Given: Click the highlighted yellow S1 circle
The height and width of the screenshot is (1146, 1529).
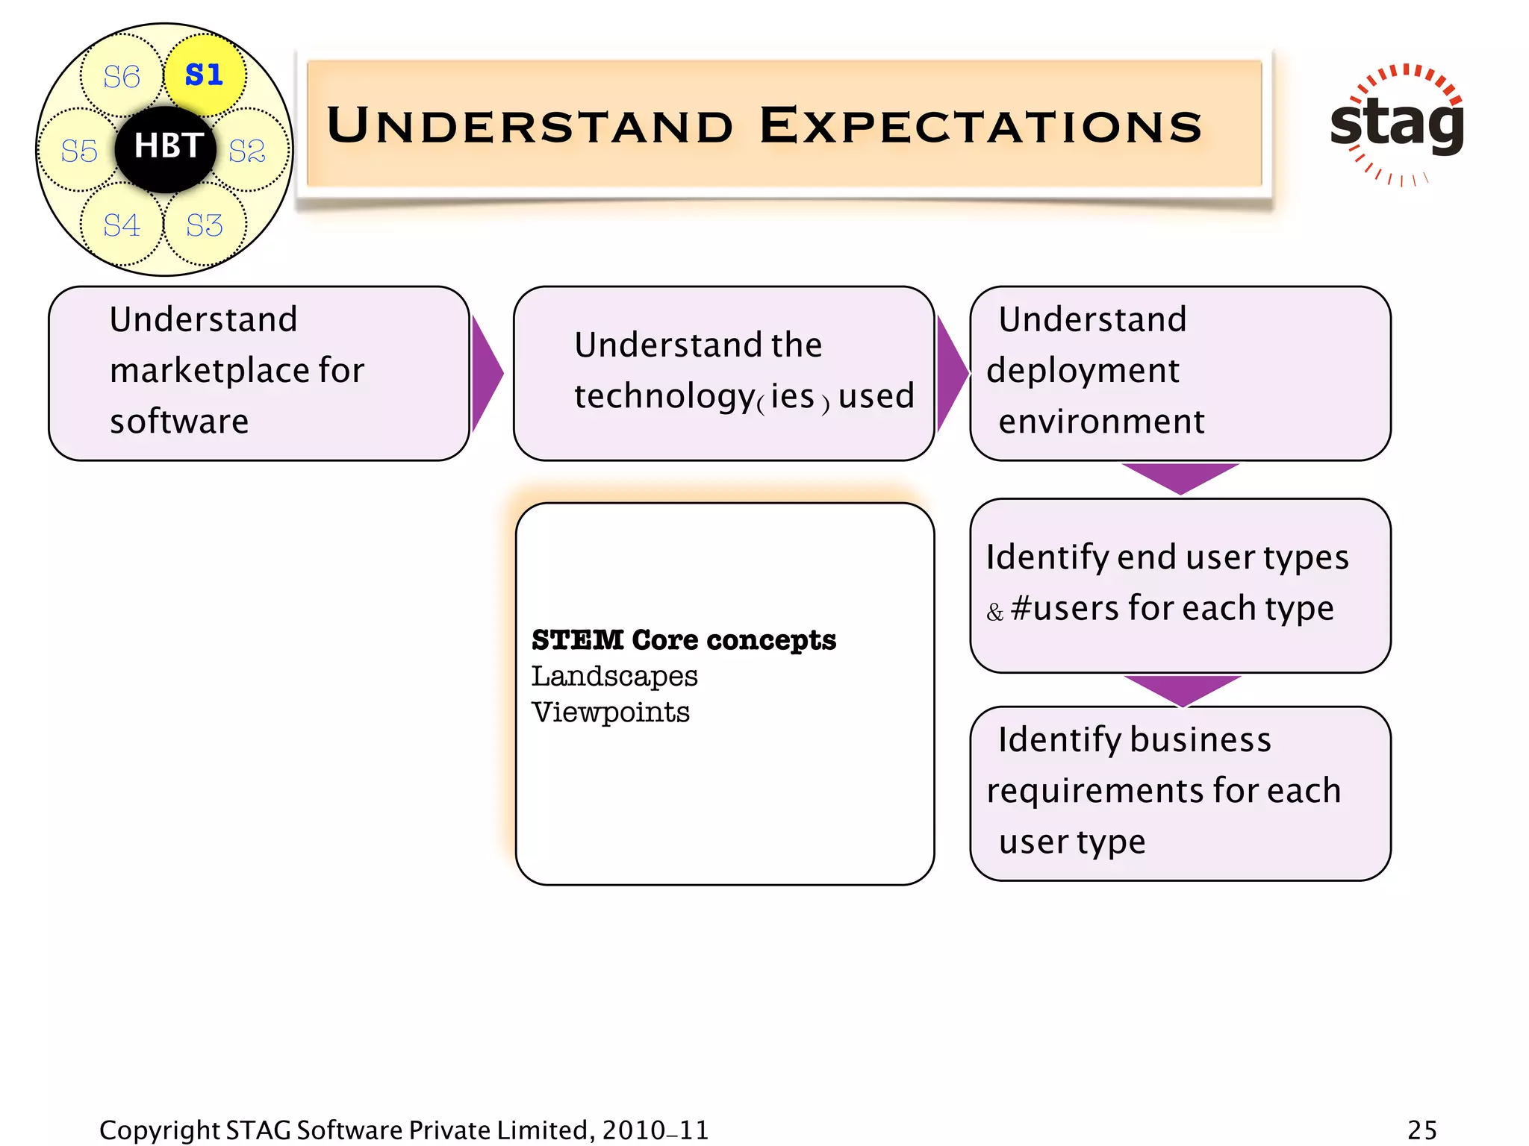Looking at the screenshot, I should point(205,75).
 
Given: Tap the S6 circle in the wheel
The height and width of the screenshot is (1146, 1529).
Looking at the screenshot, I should point(121,76).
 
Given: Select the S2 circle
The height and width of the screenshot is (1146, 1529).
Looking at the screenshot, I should point(247,151).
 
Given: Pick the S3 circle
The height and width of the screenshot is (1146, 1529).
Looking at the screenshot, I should point(205,225).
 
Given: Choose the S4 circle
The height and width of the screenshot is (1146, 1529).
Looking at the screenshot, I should point(121,225).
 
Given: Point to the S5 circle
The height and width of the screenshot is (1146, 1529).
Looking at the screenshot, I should point(79,151).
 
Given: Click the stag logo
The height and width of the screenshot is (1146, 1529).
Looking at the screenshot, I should point(1397,124).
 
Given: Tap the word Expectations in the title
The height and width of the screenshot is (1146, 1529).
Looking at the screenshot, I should point(980,125).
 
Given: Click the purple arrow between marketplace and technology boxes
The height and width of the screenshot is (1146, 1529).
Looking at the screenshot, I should point(486,373).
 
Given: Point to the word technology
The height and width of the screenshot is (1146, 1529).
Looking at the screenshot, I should point(664,395).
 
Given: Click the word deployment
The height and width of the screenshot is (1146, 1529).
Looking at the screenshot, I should point(1083,371).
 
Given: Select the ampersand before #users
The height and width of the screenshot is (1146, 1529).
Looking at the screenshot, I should point(994,613).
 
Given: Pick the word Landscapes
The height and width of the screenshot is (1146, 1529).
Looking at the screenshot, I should point(614,676).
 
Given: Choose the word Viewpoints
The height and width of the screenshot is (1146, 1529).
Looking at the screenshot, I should point(610,712).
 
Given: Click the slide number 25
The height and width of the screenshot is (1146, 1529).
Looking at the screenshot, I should point(1421,1130).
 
